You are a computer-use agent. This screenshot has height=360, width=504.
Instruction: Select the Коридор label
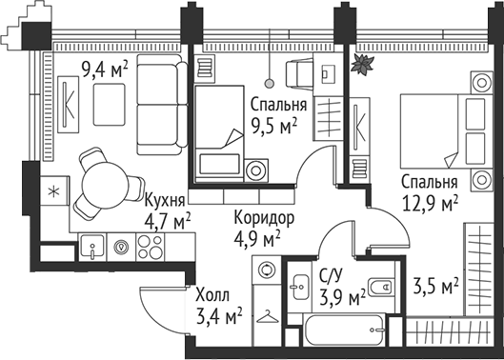click(263, 218)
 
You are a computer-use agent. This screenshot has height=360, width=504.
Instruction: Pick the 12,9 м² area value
click(429, 201)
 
